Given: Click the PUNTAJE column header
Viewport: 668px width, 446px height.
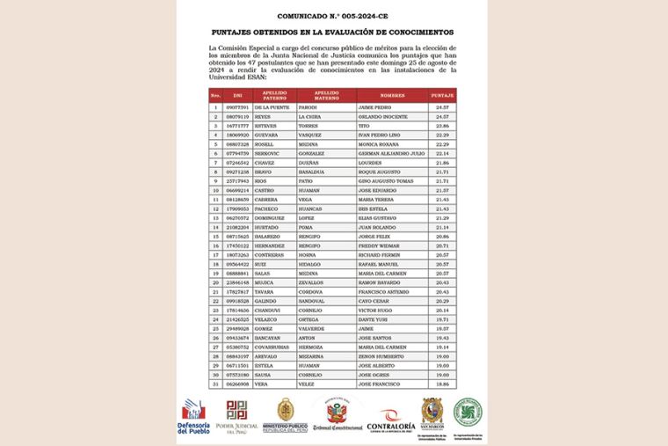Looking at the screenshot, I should (x=442, y=94).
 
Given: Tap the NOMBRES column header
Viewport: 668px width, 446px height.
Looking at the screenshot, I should (x=392, y=94).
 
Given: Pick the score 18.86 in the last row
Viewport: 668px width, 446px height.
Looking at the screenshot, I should (x=442, y=384).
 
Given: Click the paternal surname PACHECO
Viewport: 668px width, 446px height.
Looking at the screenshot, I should (x=267, y=208).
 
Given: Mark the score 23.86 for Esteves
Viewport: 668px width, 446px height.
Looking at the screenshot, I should (x=442, y=126).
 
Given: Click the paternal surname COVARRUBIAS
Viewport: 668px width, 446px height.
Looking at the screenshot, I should (x=272, y=347).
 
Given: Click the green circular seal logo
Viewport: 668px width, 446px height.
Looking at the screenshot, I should (x=468, y=412).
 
